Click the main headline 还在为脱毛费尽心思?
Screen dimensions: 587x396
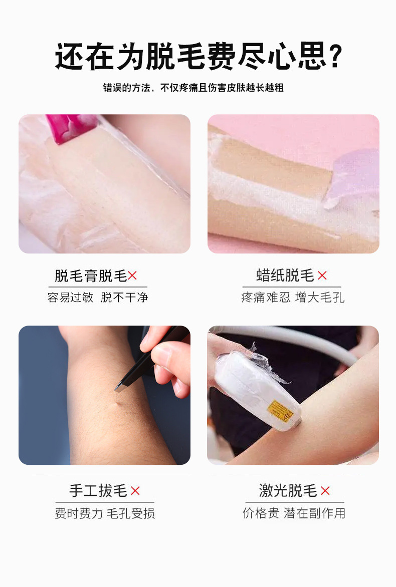pos(197,57)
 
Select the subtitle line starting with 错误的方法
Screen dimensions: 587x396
pos(193,88)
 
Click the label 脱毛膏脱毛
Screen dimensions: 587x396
pos(91,275)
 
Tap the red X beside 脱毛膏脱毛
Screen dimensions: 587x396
pos(132,275)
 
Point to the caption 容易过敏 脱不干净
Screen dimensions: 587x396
pos(98,297)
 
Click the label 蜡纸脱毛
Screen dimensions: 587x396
pos(285,275)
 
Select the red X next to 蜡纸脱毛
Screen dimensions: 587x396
pos(322,275)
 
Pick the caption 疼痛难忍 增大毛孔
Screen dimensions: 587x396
pos(293,297)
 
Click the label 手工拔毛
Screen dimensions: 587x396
pos(98,491)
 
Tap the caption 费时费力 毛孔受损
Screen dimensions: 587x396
pos(105,513)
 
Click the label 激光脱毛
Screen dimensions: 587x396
pos(288,491)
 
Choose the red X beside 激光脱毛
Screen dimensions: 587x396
pos(325,491)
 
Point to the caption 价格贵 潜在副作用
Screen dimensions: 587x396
pos(294,513)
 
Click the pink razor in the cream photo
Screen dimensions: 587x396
pos(70,127)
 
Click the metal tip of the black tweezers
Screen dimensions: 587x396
pos(120,387)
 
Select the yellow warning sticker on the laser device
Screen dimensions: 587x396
pos(279,411)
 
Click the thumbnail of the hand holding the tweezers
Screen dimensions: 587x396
pos(104,395)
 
